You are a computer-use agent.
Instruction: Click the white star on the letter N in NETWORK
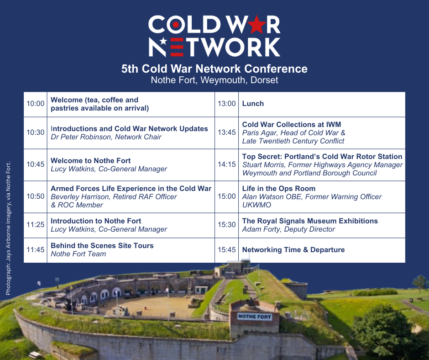pos(163,41)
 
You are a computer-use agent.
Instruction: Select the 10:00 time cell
pos(35,104)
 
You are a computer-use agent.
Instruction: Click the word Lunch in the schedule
pos(253,104)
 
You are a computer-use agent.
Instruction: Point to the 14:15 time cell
pos(226,164)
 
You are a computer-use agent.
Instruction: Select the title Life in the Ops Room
pos(279,189)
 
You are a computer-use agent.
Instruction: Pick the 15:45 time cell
pos(226,250)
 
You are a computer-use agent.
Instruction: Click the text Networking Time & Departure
pos(293,250)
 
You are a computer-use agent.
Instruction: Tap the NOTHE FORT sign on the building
pos(255,317)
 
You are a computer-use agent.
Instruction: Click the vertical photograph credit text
pos(8,228)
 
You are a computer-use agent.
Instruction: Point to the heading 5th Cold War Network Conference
pos(214,69)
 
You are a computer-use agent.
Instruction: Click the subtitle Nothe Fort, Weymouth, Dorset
pos(214,80)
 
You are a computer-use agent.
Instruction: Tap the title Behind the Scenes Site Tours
pos(102,245)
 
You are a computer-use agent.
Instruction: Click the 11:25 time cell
pos(35,225)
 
